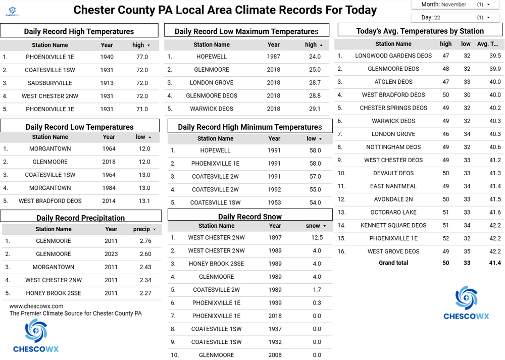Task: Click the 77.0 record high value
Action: click(142, 57)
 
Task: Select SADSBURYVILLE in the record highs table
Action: click(50, 83)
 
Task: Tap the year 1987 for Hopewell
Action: click(273, 57)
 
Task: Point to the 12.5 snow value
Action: click(317, 237)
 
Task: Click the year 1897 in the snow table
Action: click(275, 237)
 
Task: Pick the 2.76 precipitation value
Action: click(145, 241)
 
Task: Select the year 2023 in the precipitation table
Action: click(111, 254)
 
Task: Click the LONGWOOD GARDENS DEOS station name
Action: click(393, 56)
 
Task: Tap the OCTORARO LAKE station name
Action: click(393, 213)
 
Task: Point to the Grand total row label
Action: click(393, 263)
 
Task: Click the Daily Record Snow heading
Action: click(250, 217)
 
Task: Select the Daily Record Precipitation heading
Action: click(80, 218)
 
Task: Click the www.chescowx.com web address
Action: click(36, 306)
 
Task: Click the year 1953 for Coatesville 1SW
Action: click(275, 202)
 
